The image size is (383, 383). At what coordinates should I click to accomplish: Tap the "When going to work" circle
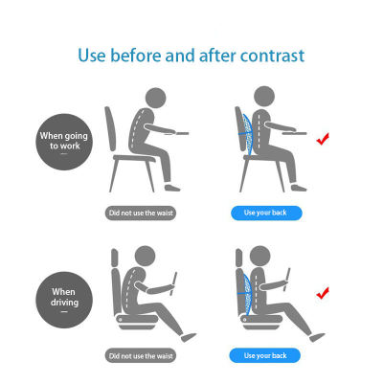pos(63,142)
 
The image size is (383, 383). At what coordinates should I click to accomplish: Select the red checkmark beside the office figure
pos(324,140)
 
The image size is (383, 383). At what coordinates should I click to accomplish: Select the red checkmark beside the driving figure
pos(324,290)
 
